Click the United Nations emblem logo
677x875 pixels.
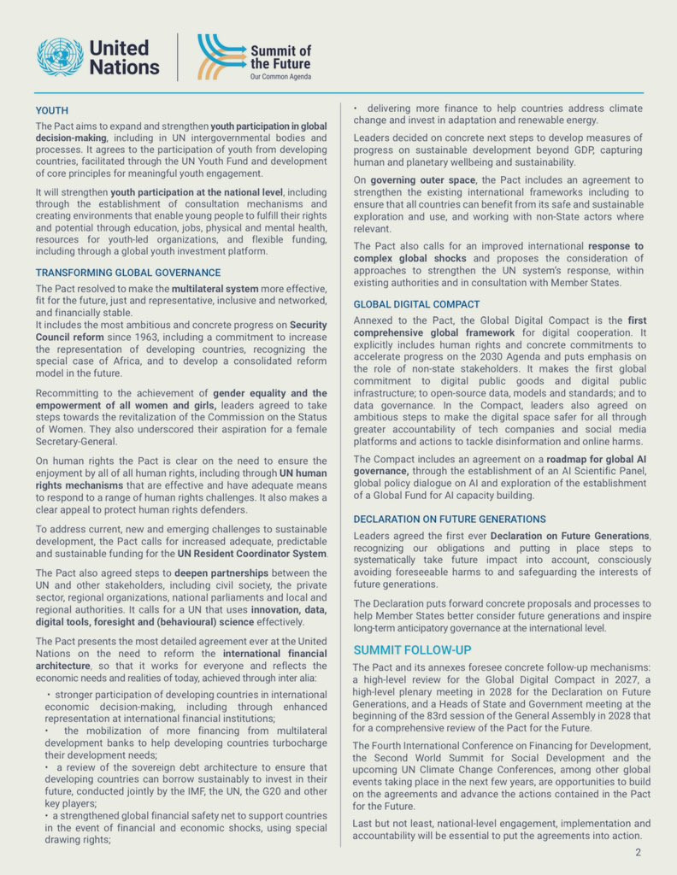[60, 56]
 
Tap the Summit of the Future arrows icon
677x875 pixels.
[220, 56]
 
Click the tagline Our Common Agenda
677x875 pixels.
[280, 77]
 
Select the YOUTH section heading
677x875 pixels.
[51, 110]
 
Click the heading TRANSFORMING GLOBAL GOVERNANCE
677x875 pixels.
[128, 273]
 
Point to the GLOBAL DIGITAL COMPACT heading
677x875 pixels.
[416, 304]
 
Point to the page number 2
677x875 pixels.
[638, 853]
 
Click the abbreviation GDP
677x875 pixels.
[546, 150]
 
